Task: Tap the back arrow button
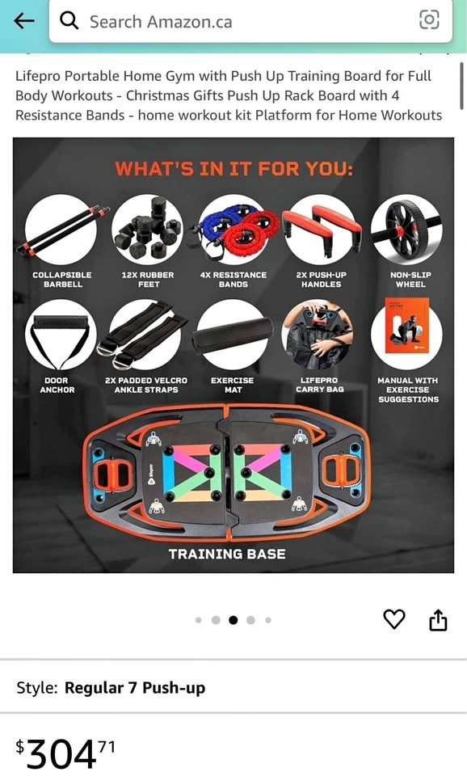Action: click(x=23, y=20)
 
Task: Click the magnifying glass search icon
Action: click(x=69, y=21)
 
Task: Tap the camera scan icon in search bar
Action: click(x=429, y=19)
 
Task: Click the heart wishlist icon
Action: click(x=394, y=619)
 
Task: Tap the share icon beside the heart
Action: click(x=438, y=620)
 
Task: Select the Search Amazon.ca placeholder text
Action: click(x=161, y=22)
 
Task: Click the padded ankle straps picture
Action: click(x=144, y=335)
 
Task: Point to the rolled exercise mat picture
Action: click(x=233, y=335)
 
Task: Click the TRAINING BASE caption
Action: click(x=227, y=554)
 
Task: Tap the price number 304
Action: click(x=61, y=753)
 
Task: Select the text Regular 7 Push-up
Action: click(x=135, y=688)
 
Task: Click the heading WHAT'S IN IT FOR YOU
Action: click(x=234, y=169)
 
